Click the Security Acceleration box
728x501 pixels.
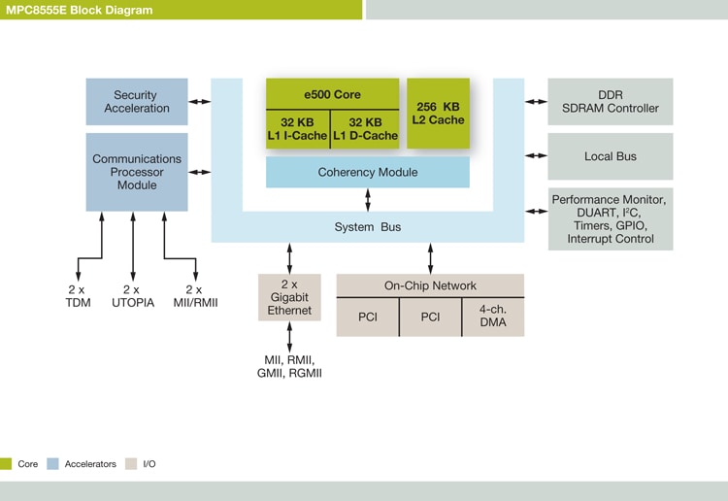(137, 102)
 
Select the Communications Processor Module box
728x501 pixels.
(137, 172)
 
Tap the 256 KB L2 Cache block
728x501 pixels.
(438, 113)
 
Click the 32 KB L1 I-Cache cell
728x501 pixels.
(298, 129)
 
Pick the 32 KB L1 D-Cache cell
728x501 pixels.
(365, 129)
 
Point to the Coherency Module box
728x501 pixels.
(368, 172)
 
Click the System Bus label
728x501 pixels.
(368, 227)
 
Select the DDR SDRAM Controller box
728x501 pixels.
(610, 102)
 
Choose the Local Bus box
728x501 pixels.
(610, 156)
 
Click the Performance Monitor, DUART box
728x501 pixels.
(610, 219)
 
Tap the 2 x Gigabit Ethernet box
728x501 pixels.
(289, 297)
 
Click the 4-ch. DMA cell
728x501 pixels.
(492, 317)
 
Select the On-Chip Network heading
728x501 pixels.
(430, 285)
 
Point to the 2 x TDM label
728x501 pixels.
(76, 296)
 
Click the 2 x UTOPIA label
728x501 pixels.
(133, 296)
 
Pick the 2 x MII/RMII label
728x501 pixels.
(194, 296)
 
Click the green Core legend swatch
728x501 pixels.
(6, 464)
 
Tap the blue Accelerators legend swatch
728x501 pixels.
(53, 464)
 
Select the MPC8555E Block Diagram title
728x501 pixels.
(77, 10)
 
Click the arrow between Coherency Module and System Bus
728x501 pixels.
(368, 200)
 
